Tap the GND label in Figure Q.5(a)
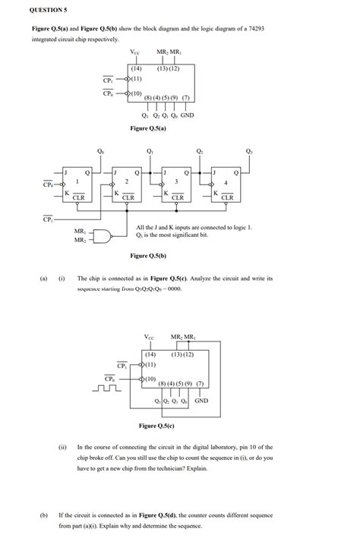click(x=187, y=115)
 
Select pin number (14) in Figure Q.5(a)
click(x=136, y=69)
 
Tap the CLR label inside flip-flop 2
click(x=128, y=197)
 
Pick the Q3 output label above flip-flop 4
click(x=249, y=151)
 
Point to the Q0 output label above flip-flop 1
click(x=101, y=151)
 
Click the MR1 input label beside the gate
click(x=80, y=230)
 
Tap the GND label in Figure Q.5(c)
click(x=201, y=400)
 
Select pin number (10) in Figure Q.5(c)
click(x=150, y=378)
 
